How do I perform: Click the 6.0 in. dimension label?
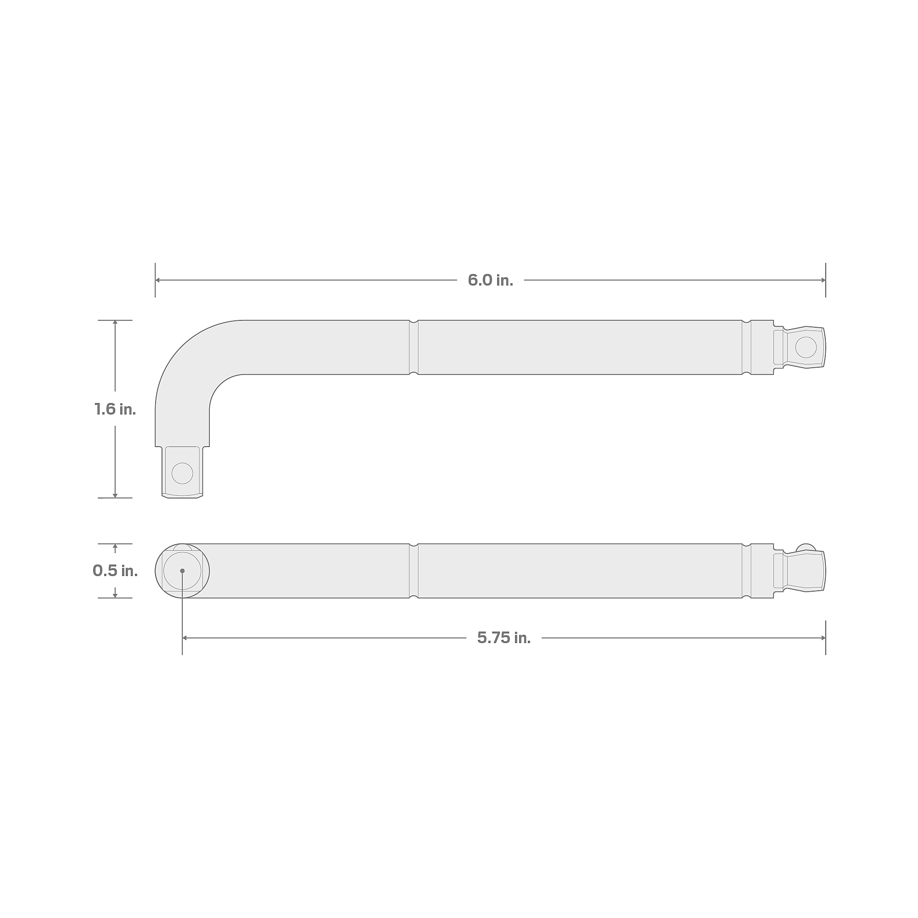pyautogui.click(x=490, y=280)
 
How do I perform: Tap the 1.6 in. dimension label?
pyautogui.click(x=115, y=409)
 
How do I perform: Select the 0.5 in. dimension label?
pyautogui.click(x=115, y=571)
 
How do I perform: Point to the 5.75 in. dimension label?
pyautogui.click(x=504, y=638)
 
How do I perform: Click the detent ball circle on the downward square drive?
pyautogui.click(x=182, y=473)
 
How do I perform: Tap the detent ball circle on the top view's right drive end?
pyautogui.click(x=806, y=347)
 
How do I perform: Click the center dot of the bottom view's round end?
pyautogui.click(x=182, y=571)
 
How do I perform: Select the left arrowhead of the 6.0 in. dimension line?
pyautogui.click(x=158, y=280)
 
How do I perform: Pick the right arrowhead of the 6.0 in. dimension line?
pyautogui.click(x=823, y=280)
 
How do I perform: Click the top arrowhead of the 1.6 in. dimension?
pyautogui.click(x=115, y=323)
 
